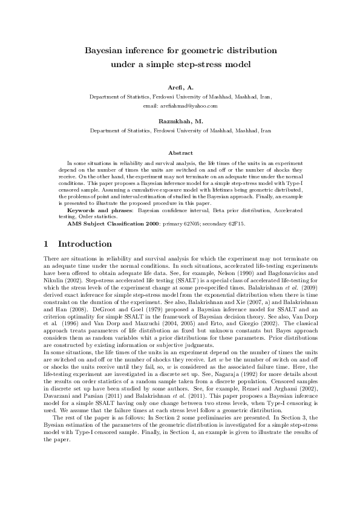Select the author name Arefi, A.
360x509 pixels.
(180, 88)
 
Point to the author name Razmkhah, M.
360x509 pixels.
(180, 121)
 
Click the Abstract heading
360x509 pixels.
(180, 154)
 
